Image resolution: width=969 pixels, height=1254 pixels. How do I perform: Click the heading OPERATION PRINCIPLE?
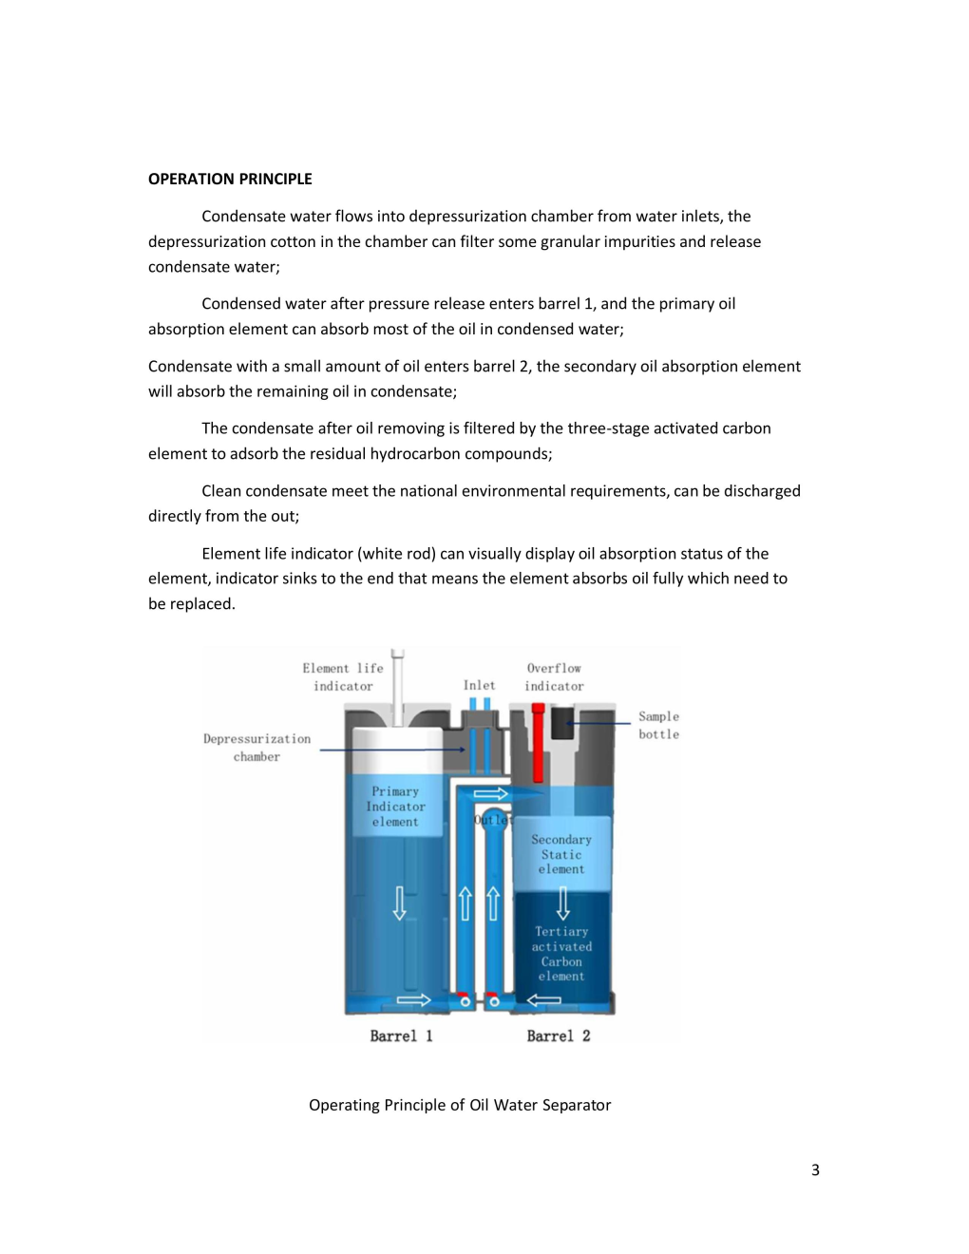tap(230, 179)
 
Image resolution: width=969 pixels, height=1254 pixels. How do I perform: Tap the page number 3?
tap(815, 1169)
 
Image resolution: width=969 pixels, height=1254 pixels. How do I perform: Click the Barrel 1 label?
tap(401, 1035)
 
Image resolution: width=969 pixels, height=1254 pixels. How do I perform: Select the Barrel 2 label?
tap(559, 1035)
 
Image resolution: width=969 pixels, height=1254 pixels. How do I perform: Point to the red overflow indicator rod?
tap(538, 741)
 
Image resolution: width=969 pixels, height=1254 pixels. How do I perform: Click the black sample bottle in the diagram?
tap(562, 722)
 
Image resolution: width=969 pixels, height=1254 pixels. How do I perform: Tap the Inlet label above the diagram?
tap(479, 685)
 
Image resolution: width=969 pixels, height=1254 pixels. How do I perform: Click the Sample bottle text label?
tap(658, 725)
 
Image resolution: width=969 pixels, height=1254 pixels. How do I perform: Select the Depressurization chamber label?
tap(256, 748)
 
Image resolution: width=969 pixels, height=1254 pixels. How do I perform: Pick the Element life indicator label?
tap(343, 676)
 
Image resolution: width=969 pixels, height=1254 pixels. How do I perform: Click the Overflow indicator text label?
tap(554, 676)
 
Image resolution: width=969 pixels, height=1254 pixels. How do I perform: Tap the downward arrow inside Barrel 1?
tap(400, 902)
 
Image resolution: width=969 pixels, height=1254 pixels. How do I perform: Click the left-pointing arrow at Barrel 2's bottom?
tap(543, 999)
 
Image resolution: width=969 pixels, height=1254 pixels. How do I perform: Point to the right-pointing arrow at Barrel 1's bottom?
tap(413, 999)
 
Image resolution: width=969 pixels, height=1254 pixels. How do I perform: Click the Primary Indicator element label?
tap(395, 807)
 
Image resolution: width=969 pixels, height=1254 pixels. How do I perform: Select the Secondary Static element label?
tap(561, 854)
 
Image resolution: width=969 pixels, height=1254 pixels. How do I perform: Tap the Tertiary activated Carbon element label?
tap(561, 954)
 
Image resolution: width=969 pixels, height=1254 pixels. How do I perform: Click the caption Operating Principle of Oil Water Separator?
tap(460, 1105)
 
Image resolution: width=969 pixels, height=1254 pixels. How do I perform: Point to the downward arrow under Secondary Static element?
tap(562, 902)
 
